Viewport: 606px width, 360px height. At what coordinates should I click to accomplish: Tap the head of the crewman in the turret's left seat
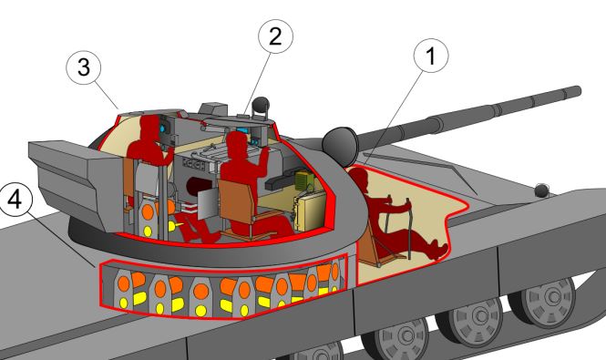144,126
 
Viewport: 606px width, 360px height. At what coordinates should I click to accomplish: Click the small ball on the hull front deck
542,190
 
